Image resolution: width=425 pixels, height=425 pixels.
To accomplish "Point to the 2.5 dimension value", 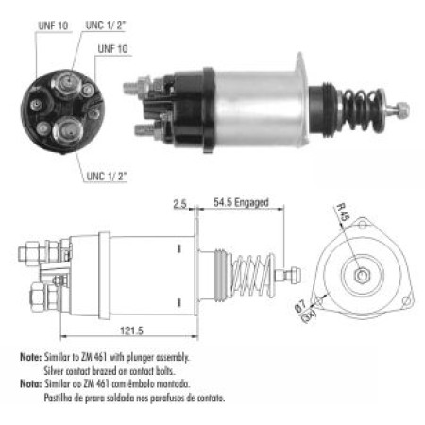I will (x=180, y=202).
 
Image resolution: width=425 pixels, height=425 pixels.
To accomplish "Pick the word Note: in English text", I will (x=30, y=359).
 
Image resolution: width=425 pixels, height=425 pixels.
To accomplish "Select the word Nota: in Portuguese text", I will (x=30, y=384).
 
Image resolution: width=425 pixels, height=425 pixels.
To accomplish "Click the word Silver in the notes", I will (x=56, y=371).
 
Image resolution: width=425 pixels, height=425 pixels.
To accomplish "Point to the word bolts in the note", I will (x=177, y=371).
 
